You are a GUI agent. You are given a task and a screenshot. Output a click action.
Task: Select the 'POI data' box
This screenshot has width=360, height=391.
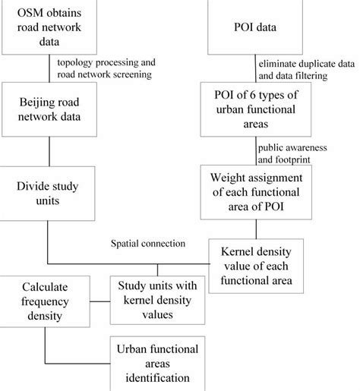(256, 28)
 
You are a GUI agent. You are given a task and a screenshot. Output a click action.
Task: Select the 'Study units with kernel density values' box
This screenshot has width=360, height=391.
(156, 300)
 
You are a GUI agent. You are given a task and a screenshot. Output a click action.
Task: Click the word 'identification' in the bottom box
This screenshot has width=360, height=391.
(156, 377)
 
